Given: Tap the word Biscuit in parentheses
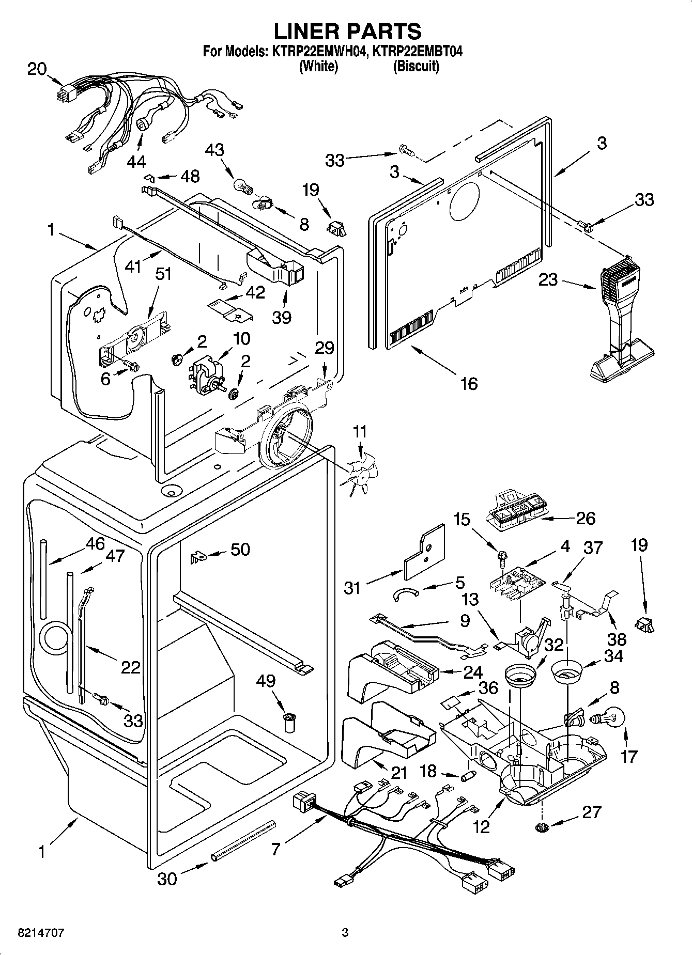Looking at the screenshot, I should tap(416, 66).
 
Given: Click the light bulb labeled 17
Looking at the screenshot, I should tap(611, 718).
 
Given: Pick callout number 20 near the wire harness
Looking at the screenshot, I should tap(37, 69).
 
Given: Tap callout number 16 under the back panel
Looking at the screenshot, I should tap(469, 383).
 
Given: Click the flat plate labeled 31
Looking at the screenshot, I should tap(424, 553).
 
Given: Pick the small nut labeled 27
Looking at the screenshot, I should tap(541, 827).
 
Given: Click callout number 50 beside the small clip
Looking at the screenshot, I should tap(240, 549).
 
